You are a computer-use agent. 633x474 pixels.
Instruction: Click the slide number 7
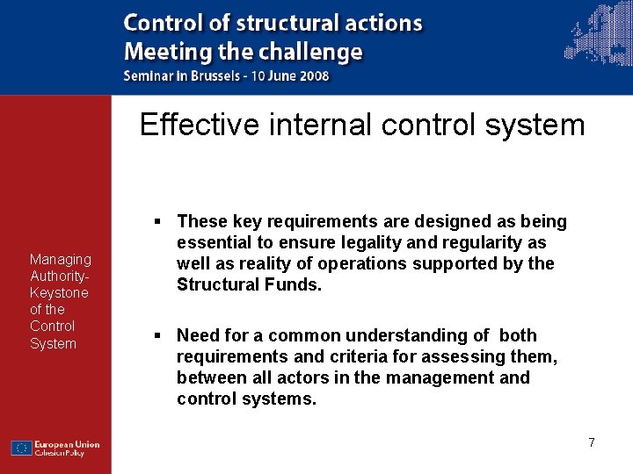click(x=592, y=442)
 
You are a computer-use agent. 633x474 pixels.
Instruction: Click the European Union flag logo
click(x=22, y=448)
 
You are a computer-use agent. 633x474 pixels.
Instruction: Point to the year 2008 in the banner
click(x=314, y=75)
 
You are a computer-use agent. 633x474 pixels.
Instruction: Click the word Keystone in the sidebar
click(x=59, y=292)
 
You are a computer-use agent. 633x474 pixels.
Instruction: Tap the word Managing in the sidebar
click(x=60, y=259)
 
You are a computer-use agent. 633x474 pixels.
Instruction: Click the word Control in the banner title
click(x=164, y=24)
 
